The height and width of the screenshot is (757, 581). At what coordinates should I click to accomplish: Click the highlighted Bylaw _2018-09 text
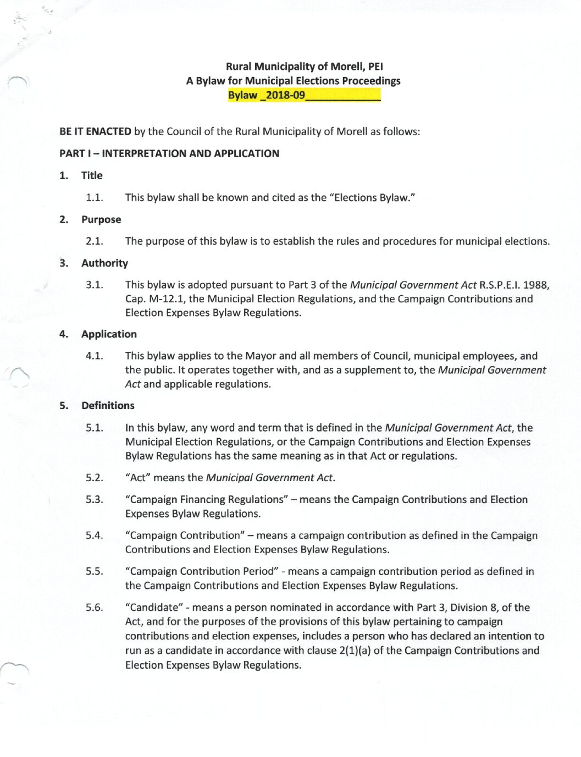coord(267,95)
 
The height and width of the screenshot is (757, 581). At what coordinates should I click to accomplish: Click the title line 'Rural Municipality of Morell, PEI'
coord(305,67)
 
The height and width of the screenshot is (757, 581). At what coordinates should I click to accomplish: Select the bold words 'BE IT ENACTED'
coord(95,131)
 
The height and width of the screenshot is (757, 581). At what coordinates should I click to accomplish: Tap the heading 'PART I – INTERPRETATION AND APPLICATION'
coord(169,153)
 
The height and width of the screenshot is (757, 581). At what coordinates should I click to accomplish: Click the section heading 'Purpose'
coord(101,219)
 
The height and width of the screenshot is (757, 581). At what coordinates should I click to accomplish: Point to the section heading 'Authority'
coord(104,263)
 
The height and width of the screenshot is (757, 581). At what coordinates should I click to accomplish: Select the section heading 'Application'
coord(109,334)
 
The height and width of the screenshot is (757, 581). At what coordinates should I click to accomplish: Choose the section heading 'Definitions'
coord(108,405)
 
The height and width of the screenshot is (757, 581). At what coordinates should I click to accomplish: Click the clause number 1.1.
coord(94,197)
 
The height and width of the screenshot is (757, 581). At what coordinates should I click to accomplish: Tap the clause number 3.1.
coord(94,285)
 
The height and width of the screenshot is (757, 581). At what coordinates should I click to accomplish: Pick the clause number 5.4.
coord(94,535)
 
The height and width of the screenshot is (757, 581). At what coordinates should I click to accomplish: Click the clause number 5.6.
coord(94,607)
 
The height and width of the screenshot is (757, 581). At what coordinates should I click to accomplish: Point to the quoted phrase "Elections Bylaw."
coord(372,197)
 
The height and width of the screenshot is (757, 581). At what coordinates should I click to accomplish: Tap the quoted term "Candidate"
coord(154,607)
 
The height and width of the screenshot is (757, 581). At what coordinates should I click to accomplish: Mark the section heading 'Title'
coord(92,175)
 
